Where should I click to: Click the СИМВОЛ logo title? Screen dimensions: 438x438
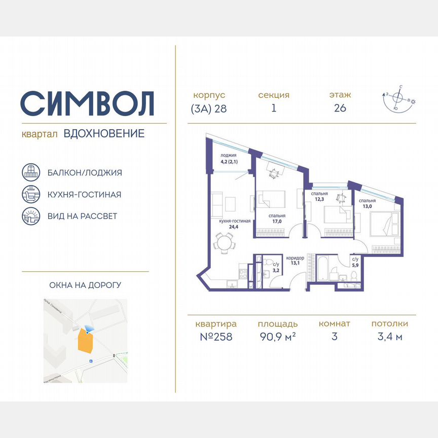coord(87,103)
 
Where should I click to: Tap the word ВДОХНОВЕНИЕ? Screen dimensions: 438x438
coord(104,134)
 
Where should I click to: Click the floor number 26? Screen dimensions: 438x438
coord(340,108)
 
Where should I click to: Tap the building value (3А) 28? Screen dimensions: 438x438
coord(209,108)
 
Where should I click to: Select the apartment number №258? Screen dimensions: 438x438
coord(216,337)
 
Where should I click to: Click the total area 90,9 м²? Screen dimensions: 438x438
coord(277,337)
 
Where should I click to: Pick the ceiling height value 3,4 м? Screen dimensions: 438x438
coord(389,337)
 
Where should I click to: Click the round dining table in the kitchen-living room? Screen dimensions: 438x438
coord(224,243)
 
